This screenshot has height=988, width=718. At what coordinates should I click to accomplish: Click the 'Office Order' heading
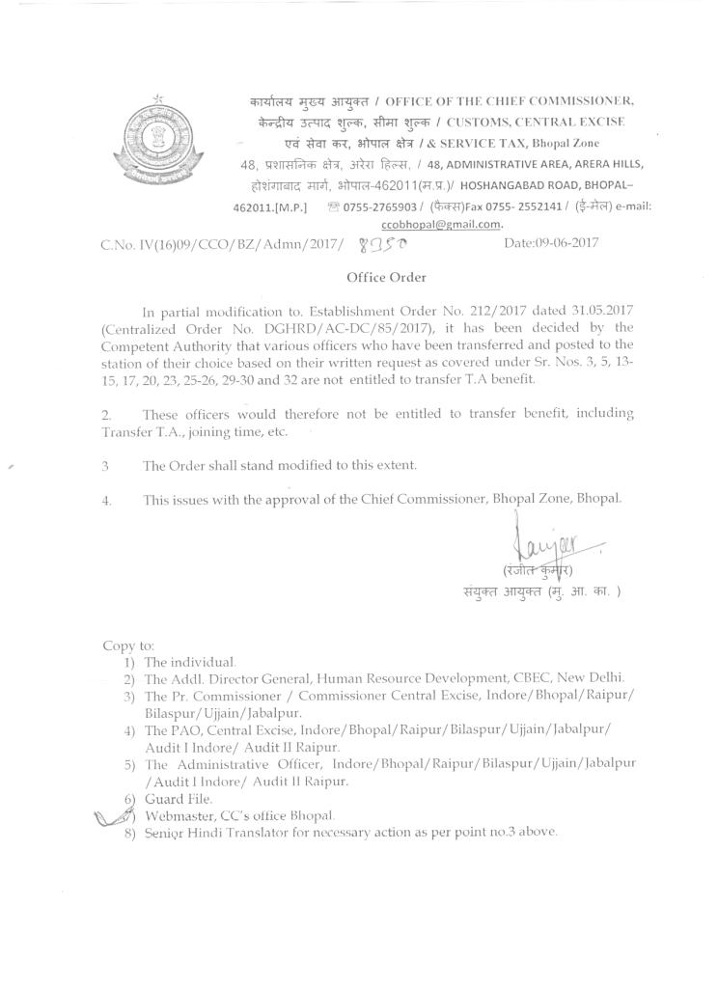[x=386, y=277]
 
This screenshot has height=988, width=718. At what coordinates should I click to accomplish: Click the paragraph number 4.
[x=107, y=501]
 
